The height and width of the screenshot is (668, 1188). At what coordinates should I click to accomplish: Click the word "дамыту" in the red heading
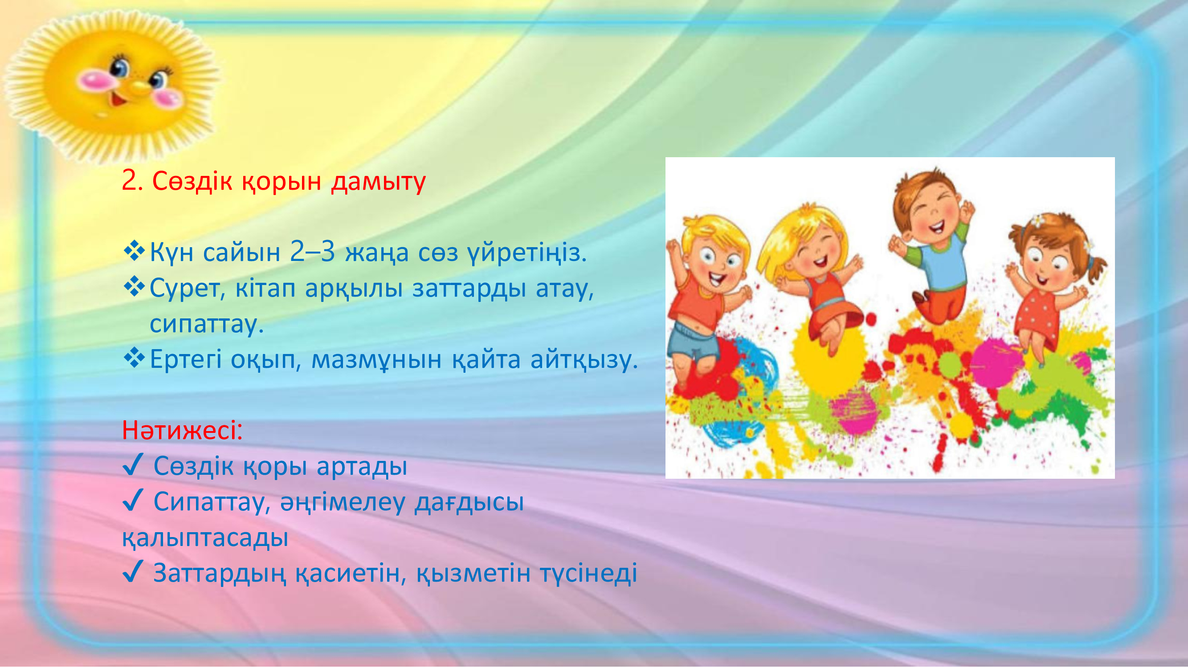378,182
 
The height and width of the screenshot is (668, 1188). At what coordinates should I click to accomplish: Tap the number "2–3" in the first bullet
312,252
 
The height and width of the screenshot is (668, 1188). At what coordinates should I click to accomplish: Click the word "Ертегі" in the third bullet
186,359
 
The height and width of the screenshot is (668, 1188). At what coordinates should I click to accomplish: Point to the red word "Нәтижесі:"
182,430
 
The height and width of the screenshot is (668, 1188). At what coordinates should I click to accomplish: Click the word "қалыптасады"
205,538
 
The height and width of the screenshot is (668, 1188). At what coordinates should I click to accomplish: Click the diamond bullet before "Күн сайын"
134,251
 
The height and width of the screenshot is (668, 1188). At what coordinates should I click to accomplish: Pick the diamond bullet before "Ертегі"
134,358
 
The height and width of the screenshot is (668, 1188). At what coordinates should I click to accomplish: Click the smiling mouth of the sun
118,98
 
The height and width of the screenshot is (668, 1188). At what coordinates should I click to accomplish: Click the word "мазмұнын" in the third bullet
376,360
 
